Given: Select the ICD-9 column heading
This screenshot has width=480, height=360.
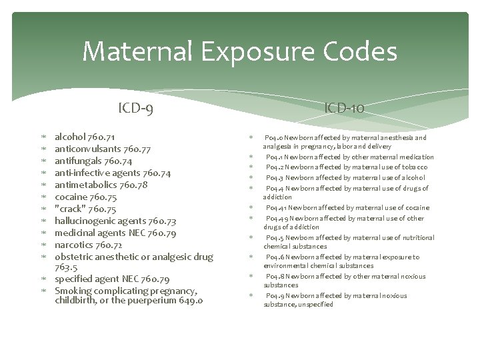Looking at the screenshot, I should (136, 107).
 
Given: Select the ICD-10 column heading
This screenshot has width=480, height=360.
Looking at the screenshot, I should (344, 107).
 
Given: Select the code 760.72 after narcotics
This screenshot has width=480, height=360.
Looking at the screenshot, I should (109, 245).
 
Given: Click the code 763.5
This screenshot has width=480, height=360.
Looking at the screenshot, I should (67, 267).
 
